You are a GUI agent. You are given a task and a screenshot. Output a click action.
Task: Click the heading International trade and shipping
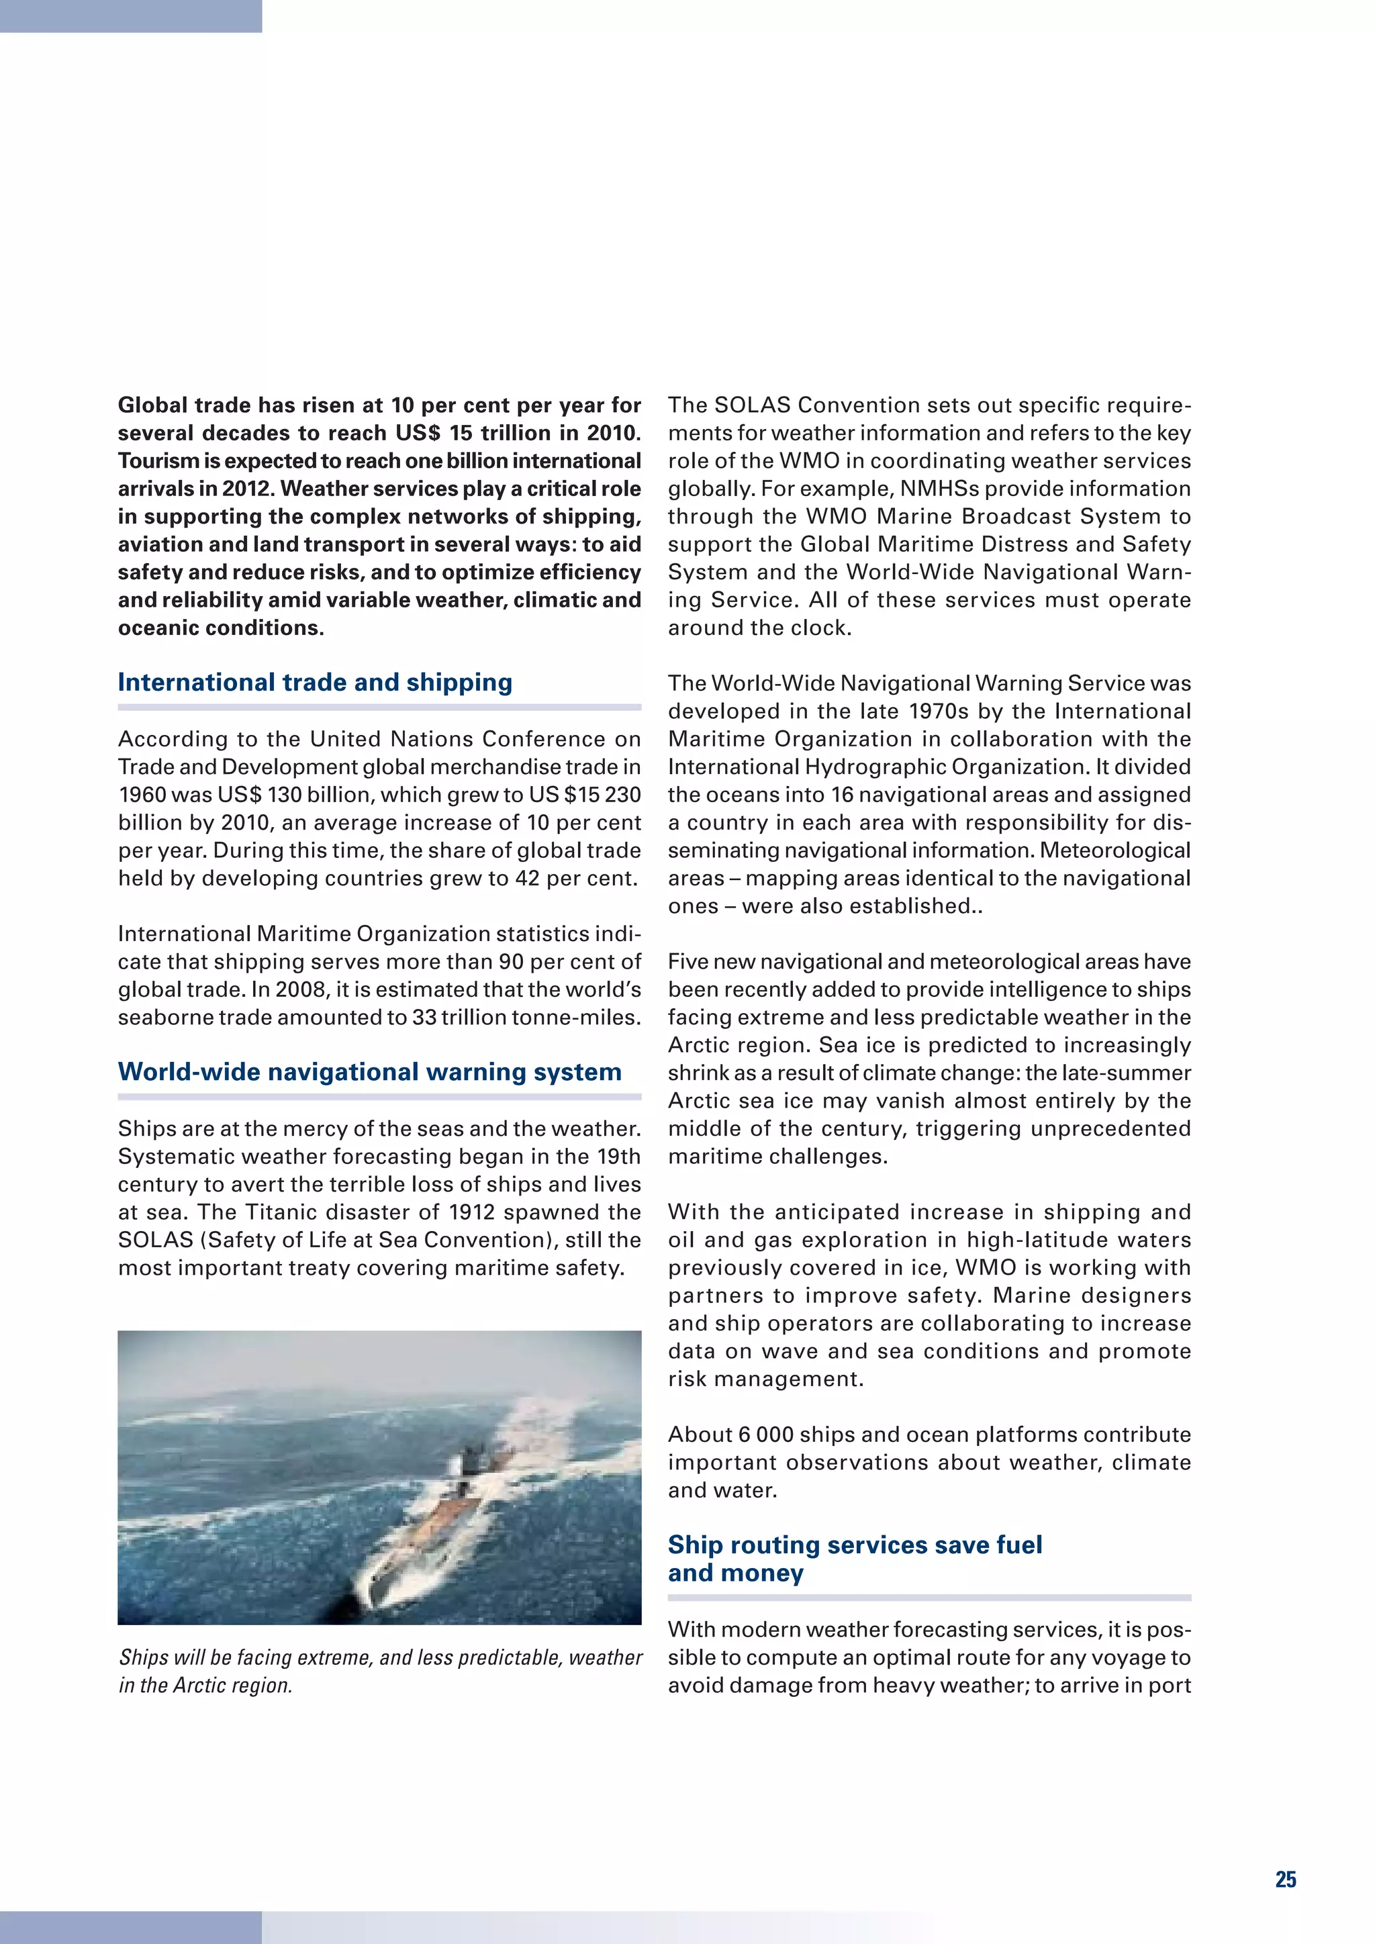pyautogui.click(x=315, y=683)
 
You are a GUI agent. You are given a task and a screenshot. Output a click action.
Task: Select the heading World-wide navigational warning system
pyautogui.click(x=370, y=1072)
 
